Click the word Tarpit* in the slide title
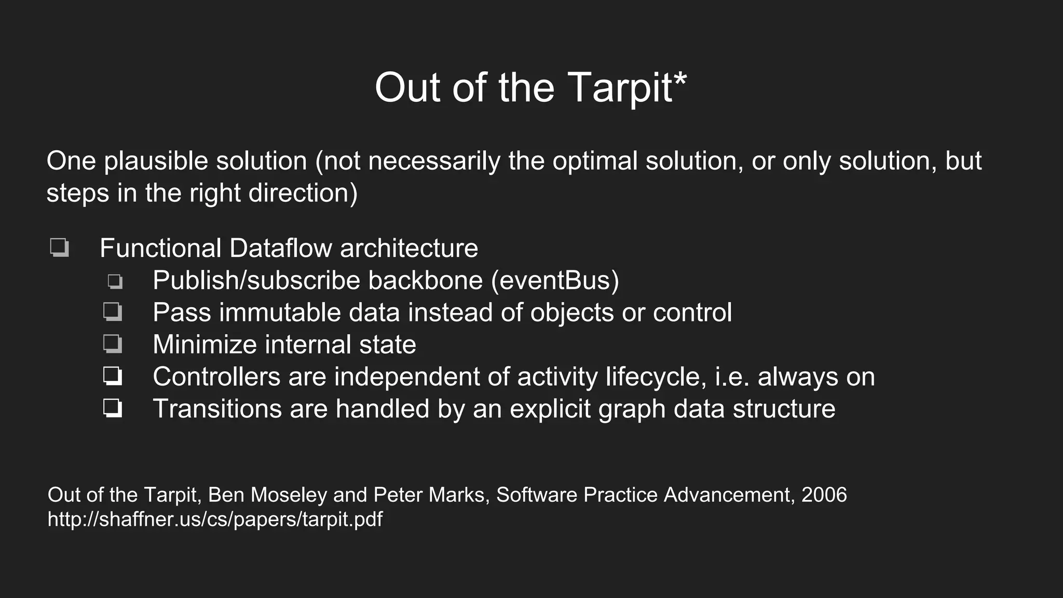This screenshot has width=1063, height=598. (x=627, y=87)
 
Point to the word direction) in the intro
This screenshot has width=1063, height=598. (x=303, y=193)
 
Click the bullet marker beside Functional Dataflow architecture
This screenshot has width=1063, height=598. (x=59, y=248)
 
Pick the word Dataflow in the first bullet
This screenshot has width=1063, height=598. (x=280, y=248)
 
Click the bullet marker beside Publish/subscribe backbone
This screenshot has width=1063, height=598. (x=115, y=281)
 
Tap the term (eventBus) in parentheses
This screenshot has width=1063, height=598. (x=555, y=280)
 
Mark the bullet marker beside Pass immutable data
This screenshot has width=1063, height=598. (x=113, y=312)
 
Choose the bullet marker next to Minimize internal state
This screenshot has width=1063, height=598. (x=113, y=344)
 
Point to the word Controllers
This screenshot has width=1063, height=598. (x=216, y=377)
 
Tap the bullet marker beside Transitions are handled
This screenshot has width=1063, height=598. (x=113, y=409)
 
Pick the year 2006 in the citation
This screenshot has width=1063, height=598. (x=824, y=495)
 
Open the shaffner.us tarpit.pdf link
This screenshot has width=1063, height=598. (x=215, y=519)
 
